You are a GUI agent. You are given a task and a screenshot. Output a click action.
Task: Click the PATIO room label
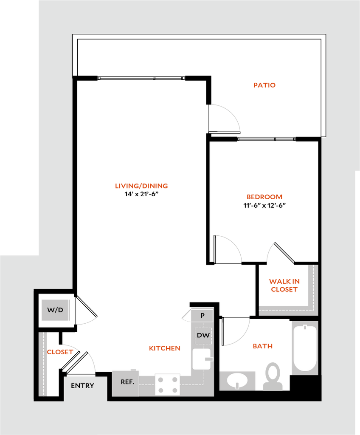pos(264,85)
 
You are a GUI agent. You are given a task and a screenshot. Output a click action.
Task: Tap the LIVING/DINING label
pos(142,186)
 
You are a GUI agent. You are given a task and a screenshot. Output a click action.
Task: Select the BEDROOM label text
pos(264,197)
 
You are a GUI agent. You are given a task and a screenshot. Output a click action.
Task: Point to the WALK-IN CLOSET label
pos(284,285)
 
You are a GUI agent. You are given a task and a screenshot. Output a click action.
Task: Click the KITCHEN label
pos(165,348)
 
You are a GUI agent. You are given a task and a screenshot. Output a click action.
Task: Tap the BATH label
pos(263,346)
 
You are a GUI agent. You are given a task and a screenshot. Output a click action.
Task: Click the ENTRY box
pos(83,386)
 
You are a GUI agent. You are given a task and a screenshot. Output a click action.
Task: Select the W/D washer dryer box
pos(55,310)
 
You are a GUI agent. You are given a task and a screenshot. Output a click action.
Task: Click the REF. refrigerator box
pos(127,382)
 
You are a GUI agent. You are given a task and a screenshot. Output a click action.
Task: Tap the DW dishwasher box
pos(203,336)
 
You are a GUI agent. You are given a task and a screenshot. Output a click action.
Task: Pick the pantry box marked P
pos(202,316)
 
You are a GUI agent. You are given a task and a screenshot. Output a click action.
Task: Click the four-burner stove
pos(167,384)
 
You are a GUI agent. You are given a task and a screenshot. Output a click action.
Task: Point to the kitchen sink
pos(201,359)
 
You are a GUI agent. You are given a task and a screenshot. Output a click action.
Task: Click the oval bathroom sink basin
pos(237,380)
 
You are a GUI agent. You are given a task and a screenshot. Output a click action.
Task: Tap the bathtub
pos(304,348)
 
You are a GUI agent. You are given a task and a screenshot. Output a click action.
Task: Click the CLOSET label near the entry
pos(60,352)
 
